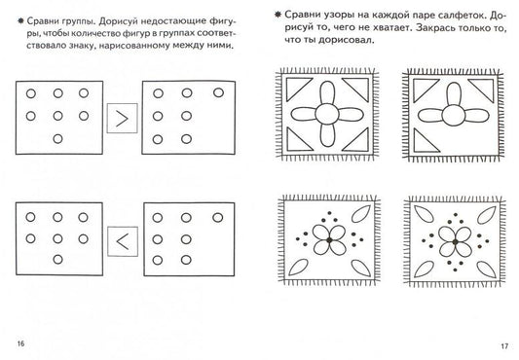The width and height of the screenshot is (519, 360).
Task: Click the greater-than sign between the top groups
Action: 122,119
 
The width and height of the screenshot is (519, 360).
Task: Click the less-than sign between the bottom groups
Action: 123,241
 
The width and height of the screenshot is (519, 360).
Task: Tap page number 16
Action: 20,343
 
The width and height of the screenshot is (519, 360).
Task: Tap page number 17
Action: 504,346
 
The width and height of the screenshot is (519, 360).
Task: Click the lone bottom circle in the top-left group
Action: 57,138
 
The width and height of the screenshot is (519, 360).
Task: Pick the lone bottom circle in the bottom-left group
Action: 57,260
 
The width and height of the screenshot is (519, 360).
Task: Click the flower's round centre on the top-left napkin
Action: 327,114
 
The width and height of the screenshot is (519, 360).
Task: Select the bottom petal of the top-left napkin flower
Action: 328,135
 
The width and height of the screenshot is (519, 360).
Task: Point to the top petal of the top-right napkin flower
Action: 454,94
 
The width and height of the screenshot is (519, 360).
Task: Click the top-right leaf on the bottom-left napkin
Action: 361,214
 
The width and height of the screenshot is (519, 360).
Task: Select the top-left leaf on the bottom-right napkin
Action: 424,214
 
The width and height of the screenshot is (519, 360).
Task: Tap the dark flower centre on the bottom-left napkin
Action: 329,240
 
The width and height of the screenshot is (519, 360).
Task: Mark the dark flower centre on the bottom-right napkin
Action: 456,242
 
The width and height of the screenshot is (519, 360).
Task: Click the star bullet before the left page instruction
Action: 20,20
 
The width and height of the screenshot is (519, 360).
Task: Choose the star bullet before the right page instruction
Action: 278,15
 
